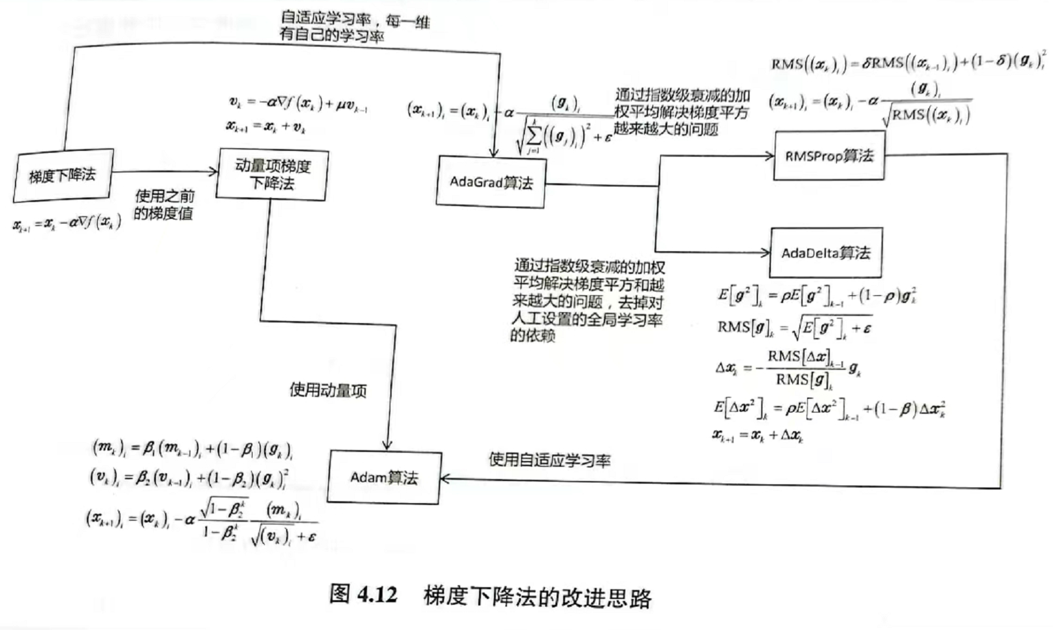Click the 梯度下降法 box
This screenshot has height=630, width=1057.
click(x=63, y=175)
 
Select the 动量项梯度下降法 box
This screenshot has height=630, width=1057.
click(x=272, y=174)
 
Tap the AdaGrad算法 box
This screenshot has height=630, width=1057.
click(x=491, y=182)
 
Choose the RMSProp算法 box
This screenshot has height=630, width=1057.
click(x=829, y=156)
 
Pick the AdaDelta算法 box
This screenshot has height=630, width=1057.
click(x=825, y=253)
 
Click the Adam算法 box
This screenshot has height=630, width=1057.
click(x=384, y=478)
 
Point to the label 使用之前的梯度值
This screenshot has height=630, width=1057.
click(x=164, y=205)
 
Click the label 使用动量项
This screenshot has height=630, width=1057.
click(x=328, y=390)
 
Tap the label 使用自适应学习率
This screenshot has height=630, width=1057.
click(x=549, y=460)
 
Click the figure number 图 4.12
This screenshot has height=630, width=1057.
click(x=363, y=594)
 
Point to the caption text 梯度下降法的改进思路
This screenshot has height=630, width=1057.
click(x=537, y=596)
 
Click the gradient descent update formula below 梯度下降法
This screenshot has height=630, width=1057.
click(x=67, y=224)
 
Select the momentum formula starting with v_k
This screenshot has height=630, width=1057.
click(x=298, y=103)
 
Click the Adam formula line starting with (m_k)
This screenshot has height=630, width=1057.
click(x=192, y=448)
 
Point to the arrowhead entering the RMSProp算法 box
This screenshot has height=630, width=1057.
click(x=770, y=155)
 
